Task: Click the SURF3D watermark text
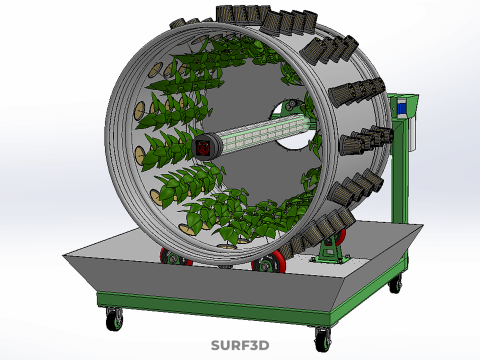click(x=240, y=345)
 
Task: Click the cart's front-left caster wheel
click(x=114, y=319)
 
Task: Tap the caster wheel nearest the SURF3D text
click(x=323, y=340)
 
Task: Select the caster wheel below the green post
click(x=395, y=284)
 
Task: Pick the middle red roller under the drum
click(x=269, y=262)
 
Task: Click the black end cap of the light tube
click(x=205, y=147)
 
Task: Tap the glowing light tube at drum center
click(x=262, y=133)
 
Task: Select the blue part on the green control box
click(x=402, y=108)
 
